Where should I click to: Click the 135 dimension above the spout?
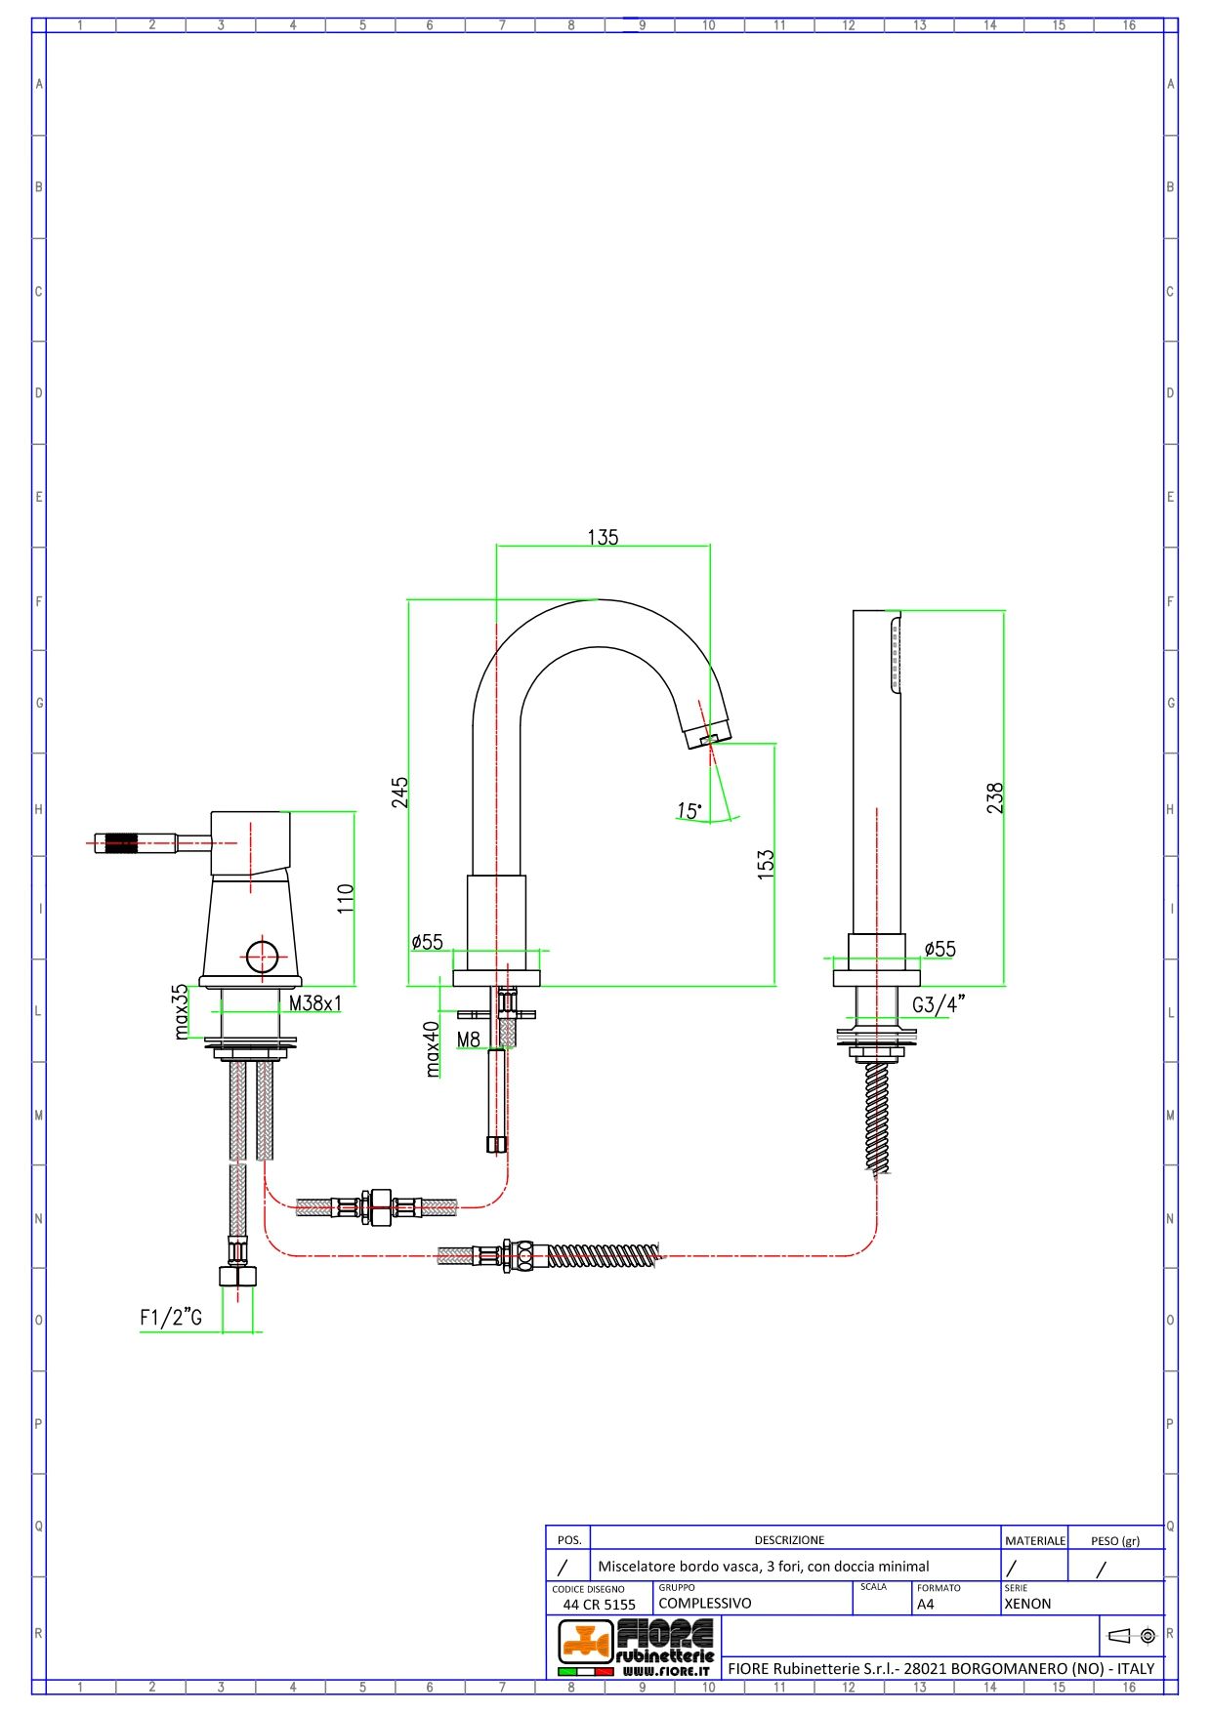coord(603,538)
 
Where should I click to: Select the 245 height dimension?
coord(400,792)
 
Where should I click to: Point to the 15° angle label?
coord(689,811)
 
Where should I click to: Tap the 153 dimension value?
coord(766,865)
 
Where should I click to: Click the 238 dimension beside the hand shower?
coord(994,798)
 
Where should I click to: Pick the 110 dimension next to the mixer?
coord(346,898)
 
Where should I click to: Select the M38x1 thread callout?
coord(315,1003)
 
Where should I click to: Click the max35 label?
coord(180,1011)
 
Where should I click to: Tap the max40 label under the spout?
coord(433,1049)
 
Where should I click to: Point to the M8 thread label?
coord(469,1040)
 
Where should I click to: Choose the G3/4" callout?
coord(939,1004)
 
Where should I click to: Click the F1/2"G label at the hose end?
coord(171,1318)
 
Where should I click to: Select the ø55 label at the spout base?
coord(428,942)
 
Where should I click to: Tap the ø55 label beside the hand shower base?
coord(940,949)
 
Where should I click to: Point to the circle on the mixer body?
coord(262,957)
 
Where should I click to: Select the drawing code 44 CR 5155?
coord(599,1605)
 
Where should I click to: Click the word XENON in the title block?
coord(1027,1604)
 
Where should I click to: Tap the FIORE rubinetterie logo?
coord(636,1646)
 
